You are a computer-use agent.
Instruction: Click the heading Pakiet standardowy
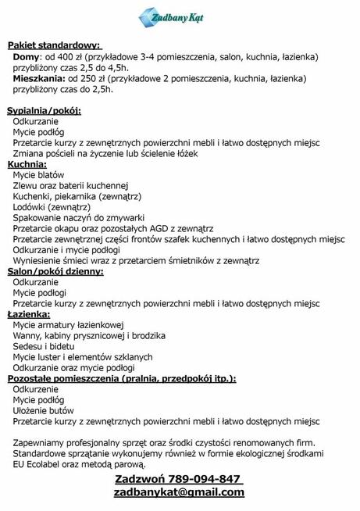click(x=55, y=47)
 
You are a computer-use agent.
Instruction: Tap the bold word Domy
click(x=26, y=58)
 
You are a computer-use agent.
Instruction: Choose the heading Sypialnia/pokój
click(x=44, y=111)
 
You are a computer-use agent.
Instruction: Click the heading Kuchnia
click(x=27, y=165)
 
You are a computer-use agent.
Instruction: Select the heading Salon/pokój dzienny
click(x=55, y=271)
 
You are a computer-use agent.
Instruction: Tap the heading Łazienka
click(x=30, y=313)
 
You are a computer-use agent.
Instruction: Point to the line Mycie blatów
click(x=39, y=175)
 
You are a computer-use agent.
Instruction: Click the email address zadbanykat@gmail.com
click(x=179, y=492)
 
